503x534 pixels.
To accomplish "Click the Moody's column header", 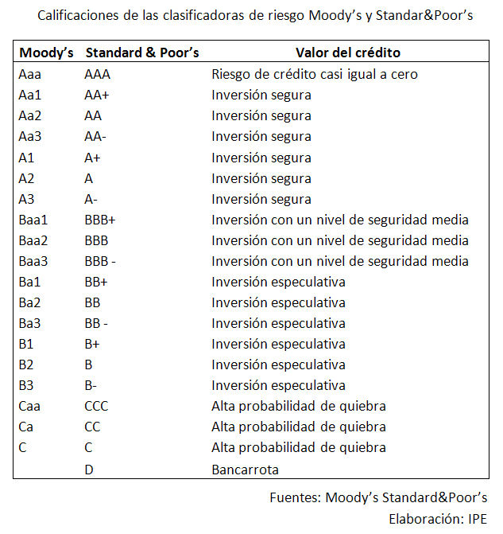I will coord(46,53).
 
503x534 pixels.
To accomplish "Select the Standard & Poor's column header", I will coord(142,53).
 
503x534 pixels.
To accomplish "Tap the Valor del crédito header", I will coord(347,53).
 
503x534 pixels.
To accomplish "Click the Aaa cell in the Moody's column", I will coord(29,75).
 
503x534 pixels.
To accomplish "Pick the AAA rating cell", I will coord(98,75).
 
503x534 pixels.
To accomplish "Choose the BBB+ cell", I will coord(100,220).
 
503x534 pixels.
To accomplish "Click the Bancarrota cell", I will coord(246,470).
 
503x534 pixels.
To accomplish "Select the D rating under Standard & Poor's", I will coord(89,470).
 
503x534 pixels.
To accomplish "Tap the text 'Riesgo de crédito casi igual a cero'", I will coord(315,75).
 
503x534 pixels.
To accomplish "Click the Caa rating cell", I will coord(29,406).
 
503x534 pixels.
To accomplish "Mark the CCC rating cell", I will coord(96,406).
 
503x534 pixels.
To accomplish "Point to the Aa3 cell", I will coord(30,137).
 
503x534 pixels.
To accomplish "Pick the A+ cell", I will coord(92,158).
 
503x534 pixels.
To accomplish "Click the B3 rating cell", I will coord(25,385).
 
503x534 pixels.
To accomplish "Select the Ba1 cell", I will coord(29,282).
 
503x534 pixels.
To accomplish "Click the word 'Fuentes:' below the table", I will coord(294,497).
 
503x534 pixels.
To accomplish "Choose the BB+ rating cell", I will coord(96,282).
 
